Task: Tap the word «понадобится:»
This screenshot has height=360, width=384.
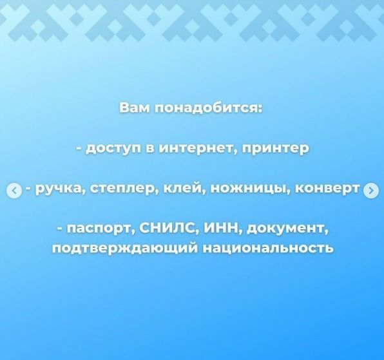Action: tap(209, 109)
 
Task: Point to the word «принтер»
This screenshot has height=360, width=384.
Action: tap(276, 149)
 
